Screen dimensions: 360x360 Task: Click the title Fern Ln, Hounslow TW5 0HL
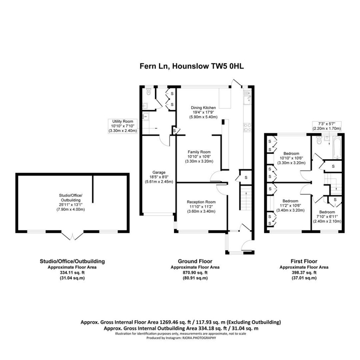192,66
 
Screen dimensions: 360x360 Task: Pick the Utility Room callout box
123,126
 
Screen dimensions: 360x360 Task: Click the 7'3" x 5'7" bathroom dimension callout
327,126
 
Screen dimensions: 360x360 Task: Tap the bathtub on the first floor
337,148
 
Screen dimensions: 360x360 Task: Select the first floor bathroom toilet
319,140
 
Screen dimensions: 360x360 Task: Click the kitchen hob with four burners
247,127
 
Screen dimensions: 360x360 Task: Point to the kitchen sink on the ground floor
247,97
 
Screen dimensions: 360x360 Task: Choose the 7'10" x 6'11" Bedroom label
327,217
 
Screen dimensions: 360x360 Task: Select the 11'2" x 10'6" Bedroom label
290,205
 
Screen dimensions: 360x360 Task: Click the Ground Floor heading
195,261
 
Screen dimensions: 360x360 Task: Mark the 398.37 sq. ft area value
304,272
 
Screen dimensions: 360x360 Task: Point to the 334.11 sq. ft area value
72,272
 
